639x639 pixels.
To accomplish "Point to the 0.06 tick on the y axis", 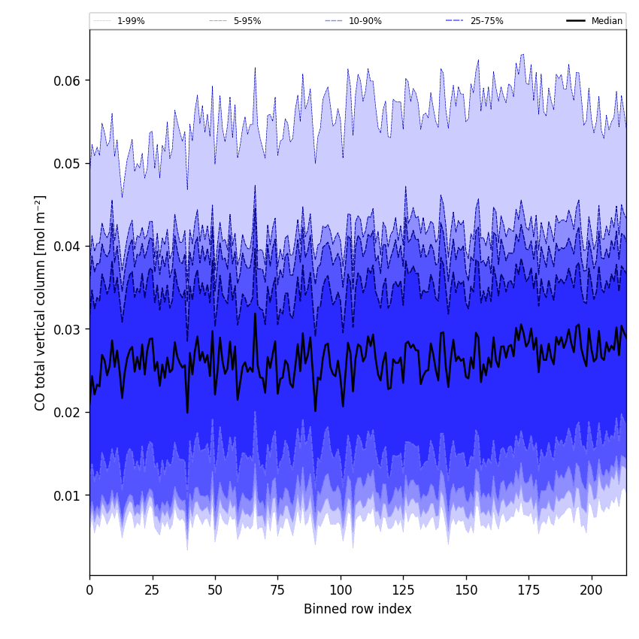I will [x=68, y=80].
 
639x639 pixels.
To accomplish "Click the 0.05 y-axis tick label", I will [x=68, y=163].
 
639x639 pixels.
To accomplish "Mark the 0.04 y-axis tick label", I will [x=68, y=247].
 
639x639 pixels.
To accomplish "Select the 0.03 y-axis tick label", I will [x=68, y=329].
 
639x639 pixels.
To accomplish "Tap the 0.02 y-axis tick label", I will [x=68, y=413].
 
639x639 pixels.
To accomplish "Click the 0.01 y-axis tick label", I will [x=68, y=495].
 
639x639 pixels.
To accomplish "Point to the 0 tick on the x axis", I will [x=89, y=590].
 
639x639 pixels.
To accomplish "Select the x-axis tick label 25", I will [x=153, y=590].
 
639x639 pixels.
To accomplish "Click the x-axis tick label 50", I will [x=215, y=590].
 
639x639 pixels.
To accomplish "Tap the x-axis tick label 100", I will [x=341, y=590].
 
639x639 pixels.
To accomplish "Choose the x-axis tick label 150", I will [x=466, y=590].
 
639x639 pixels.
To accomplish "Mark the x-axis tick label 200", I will [x=592, y=590].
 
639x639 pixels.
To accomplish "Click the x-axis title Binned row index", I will [x=358, y=609].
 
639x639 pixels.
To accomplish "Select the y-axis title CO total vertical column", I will [x=41, y=302].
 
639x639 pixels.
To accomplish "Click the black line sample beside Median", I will [x=577, y=21].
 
